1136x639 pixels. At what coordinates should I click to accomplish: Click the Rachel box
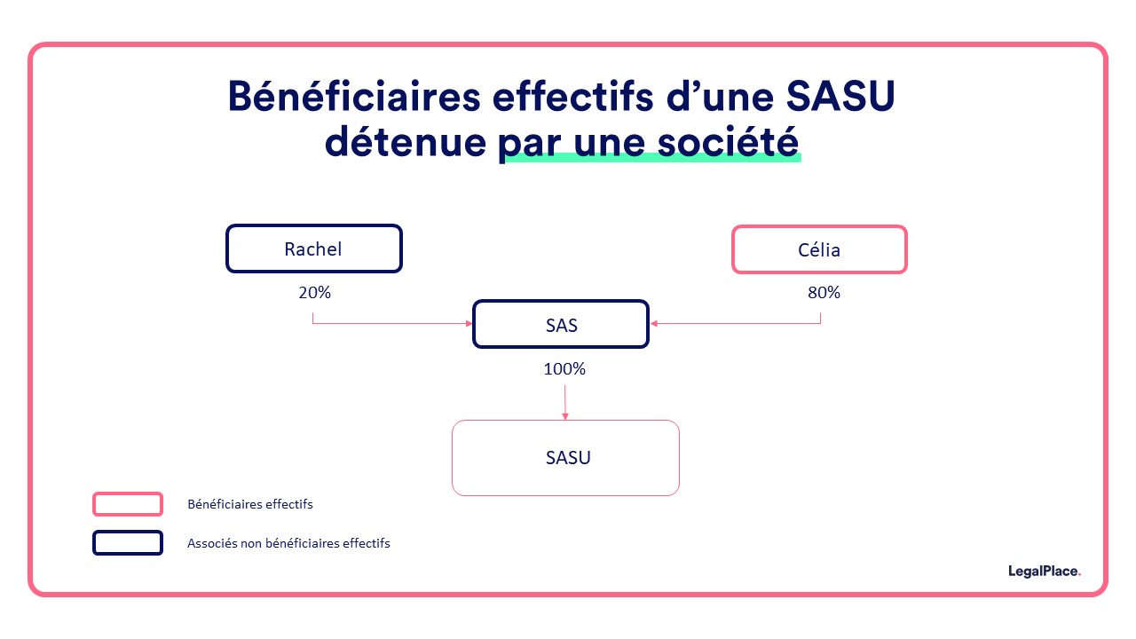[313, 248]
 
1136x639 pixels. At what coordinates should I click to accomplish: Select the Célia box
[818, 249]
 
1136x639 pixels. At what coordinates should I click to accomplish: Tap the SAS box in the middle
[561, 325]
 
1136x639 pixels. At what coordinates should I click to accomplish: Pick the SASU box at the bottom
[566, 458]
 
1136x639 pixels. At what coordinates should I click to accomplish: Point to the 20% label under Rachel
[314, 292]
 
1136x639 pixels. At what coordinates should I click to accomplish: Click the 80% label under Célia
[823, 292]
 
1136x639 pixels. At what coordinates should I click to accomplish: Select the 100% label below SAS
[564, 368]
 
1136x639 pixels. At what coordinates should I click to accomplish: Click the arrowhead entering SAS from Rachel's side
[469, 323]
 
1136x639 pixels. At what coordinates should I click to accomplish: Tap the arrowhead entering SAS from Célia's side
[654, 323]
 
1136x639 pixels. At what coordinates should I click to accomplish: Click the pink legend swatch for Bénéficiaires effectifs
[128, 504]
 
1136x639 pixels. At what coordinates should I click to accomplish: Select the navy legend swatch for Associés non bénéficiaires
[128, 542]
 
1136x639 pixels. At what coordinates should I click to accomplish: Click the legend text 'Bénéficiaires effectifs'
[250, 504]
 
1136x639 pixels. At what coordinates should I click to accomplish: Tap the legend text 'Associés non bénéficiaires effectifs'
[288, 543]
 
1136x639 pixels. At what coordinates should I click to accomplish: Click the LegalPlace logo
[1045, 572]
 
